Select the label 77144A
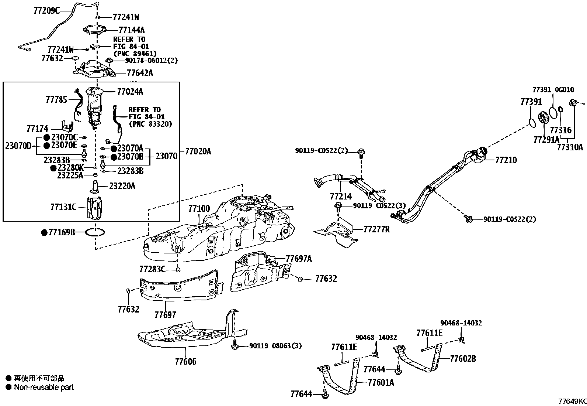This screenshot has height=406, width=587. coord(132,30)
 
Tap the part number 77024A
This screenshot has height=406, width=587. coord(130,92)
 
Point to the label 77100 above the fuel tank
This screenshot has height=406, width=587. coord(199,209)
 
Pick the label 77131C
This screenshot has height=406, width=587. coord(63,207)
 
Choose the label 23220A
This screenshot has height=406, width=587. coord(122,186)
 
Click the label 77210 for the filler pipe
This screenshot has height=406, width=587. coord(506,160)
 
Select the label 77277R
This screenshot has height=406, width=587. coord(376,229)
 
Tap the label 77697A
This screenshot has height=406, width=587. coord(299,259)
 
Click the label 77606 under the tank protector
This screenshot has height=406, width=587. coord(185,362)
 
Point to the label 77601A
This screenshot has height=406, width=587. coord(381,383)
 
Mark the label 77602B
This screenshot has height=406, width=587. coord(463,359)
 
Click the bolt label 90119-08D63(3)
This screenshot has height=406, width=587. coord(275,346)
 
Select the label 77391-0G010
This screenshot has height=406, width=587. coord(553,90)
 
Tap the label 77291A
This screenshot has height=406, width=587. coord(546,140)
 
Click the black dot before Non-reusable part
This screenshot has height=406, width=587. coord(8,387)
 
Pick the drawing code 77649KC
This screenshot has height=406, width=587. coord(572,401)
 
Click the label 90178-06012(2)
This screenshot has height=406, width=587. coord(152,61)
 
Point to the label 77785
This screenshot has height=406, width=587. coord(56,100)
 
